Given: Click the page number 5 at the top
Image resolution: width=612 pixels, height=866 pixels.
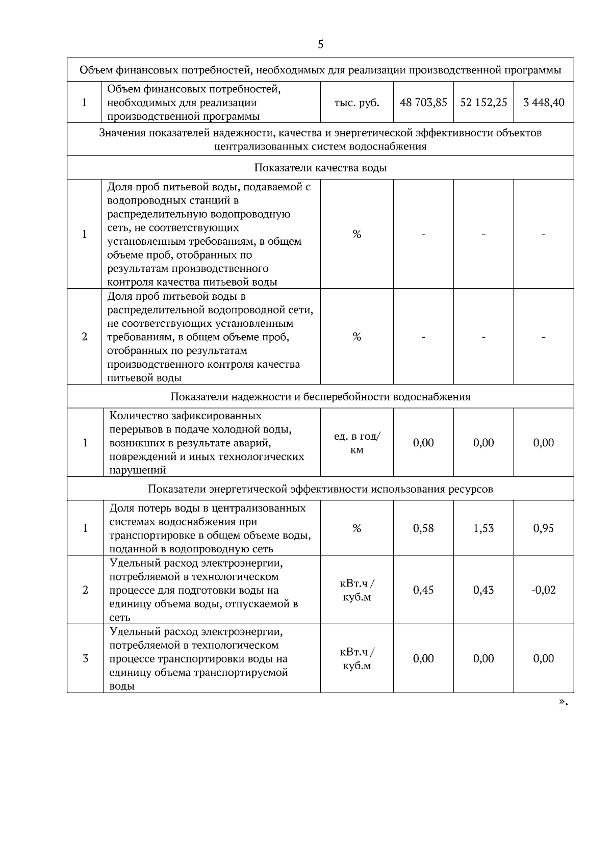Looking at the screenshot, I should [x=320, y=44].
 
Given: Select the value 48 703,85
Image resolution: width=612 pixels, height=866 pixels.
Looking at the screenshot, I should [x=423, y=103].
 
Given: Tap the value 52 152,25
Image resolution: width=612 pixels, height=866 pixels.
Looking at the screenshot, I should [x=483, y=103].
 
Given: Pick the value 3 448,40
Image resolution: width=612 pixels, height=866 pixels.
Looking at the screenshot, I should [x=544, y=103].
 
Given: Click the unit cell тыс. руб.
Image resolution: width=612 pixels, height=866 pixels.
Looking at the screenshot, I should [x=356, y=103].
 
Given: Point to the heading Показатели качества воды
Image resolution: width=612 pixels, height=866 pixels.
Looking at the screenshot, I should [x=320, y=168].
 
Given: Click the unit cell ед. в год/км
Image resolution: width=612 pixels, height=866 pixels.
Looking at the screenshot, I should [x=356, y=443].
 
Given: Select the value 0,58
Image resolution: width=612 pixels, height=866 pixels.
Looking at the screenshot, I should [x=423, y=528].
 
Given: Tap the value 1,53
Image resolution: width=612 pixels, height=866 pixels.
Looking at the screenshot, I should [x=483, y=528].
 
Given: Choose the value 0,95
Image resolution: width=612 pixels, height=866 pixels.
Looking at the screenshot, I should [x=544, y=528].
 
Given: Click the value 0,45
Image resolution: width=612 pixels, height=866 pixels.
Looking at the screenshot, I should [x=423, y=590].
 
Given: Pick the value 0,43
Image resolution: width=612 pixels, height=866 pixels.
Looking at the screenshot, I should [x=483, y=590].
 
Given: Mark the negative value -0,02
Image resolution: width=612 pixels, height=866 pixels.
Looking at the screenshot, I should [x=544, y=590].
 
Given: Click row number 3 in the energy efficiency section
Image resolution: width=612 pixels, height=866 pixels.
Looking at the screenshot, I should [x=85, y=658].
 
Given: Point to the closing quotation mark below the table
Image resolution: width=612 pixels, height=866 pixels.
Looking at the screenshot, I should [x=563, y=702].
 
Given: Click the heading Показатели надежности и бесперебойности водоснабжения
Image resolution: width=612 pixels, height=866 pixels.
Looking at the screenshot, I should [x=320, y=397].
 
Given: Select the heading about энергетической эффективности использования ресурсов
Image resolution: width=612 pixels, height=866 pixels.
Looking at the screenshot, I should [x=320, y=489].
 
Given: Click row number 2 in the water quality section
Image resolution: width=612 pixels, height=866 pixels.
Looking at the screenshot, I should [x=85, y=337].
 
